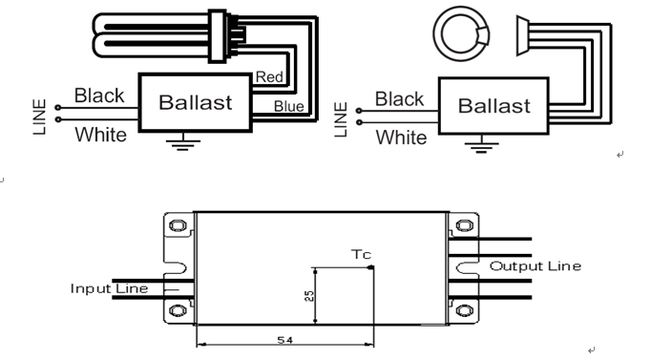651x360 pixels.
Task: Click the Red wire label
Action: (269, 76)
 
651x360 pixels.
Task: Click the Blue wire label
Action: (288, 107)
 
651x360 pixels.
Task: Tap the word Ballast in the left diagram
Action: (195, 102)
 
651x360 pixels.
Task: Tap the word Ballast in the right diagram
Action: (494, 106)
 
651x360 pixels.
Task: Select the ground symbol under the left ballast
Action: (183, 142)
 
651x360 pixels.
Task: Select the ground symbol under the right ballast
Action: (482, 145)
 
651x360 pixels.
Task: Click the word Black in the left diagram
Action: (99, 95)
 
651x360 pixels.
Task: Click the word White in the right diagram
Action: (401, 138)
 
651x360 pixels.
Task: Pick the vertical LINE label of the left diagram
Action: (39, 116)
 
